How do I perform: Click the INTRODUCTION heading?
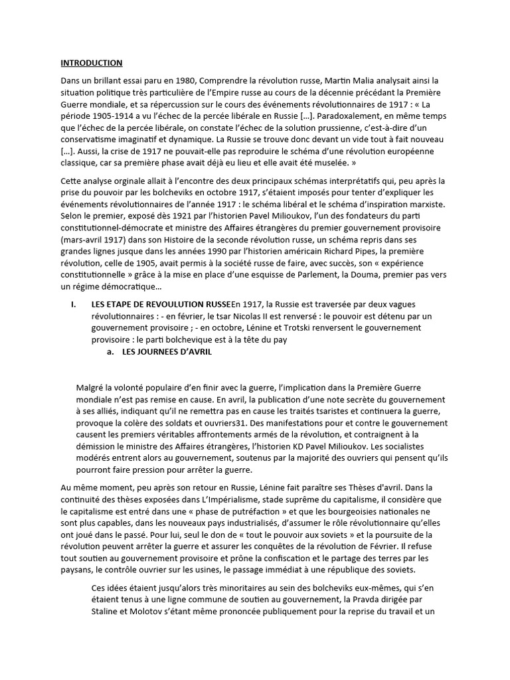pyautogui.click(x=92, y=63)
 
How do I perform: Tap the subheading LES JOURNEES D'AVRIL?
pyautogui.click(x=167, y=352)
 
